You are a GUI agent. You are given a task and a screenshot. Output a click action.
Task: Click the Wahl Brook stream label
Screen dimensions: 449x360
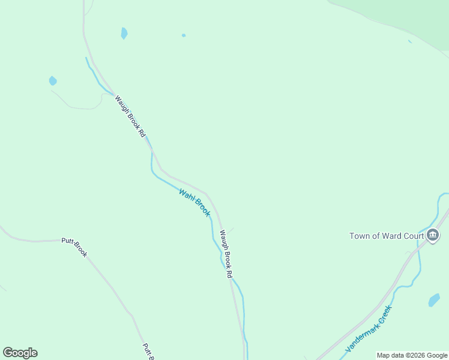pos(195,203)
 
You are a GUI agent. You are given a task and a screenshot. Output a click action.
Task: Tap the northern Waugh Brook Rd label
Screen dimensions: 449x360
pos(130,116)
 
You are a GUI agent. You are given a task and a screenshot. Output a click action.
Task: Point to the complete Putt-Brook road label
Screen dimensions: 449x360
pos(74,247)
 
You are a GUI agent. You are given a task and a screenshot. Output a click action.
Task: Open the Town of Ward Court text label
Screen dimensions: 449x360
pos(387,236)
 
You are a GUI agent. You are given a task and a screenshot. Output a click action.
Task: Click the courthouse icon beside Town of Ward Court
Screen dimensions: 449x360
pos(433,235)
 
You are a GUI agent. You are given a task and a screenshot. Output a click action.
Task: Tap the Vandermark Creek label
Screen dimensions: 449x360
pos(369,329)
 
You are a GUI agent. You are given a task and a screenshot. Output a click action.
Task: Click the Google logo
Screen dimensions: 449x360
pos(20,353)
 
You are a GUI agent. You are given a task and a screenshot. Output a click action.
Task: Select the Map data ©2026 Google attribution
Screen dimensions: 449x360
pos(412,355)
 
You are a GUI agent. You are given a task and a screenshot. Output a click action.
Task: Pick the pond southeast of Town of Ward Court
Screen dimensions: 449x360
pos(434,299)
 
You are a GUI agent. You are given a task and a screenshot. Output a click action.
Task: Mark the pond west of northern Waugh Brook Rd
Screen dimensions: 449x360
pos(53,80)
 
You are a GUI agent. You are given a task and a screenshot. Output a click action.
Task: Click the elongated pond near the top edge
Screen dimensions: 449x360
pos(124,33)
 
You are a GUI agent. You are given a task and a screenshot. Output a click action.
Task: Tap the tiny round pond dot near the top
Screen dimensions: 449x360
pos(184,35)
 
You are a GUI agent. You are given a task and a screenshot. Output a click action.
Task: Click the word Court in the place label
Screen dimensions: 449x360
pos(413,236)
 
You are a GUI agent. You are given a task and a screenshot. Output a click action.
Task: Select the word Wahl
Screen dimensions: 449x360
pos(187,196)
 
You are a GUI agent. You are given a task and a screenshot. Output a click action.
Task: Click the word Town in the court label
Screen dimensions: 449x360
pos(361,236)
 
